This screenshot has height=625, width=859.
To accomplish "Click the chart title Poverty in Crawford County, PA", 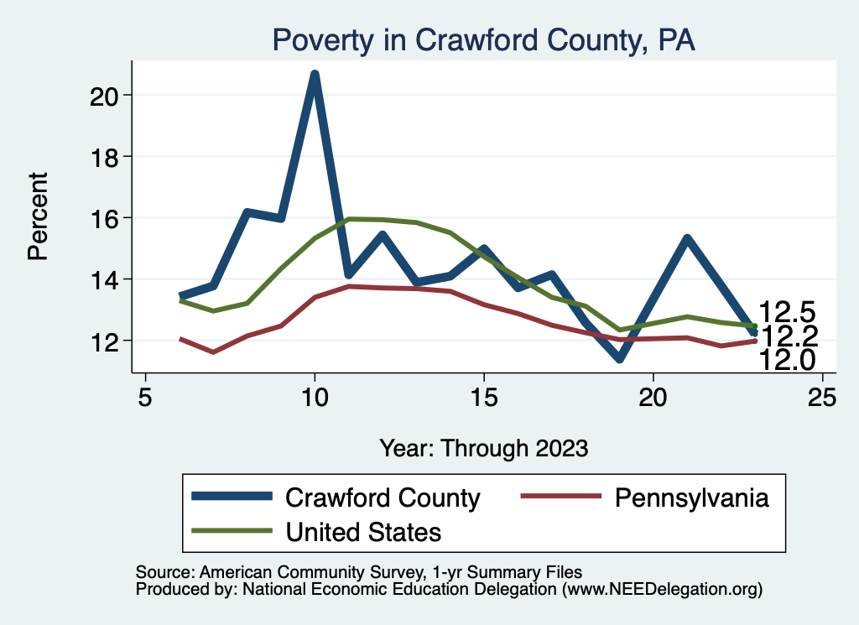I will [x=483, y=40].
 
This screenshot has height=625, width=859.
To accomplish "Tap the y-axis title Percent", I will [x=38, y=216].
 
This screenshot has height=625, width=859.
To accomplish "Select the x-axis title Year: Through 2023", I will [x=483, y=447].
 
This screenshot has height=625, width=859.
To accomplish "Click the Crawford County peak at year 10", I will [x=315, y=75].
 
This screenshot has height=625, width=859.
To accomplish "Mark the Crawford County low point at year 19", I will [x=619, y=358].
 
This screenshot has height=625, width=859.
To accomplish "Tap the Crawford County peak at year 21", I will [x=687, y=239].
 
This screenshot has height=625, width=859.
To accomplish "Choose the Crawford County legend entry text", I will [x=383, y=497].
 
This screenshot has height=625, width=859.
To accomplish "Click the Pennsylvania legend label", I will [x=692, y=497].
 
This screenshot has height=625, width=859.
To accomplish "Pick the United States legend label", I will [x=363, y=531].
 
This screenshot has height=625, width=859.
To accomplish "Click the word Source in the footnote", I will [x=157, y=572].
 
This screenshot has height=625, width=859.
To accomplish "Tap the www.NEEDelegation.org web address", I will [x=662, y=589].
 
